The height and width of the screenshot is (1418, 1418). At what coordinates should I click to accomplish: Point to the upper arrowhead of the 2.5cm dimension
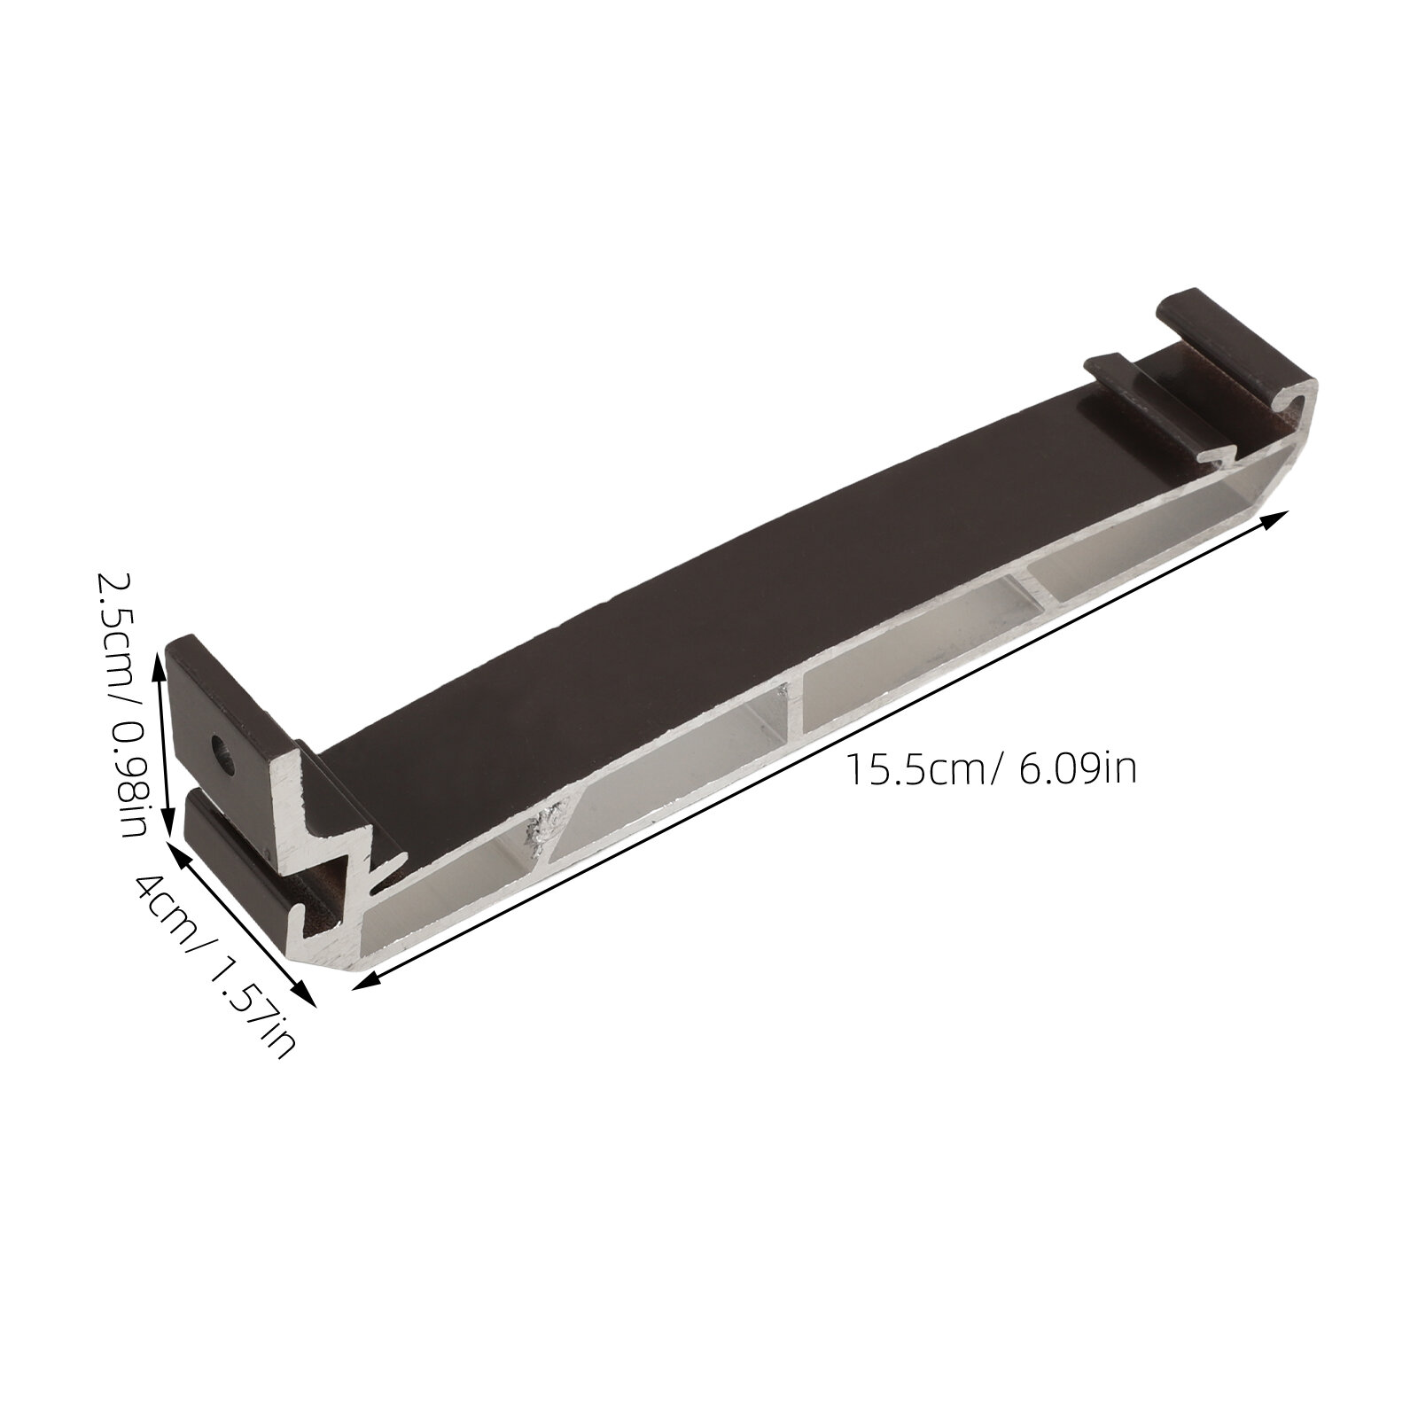tap(160, 662)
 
